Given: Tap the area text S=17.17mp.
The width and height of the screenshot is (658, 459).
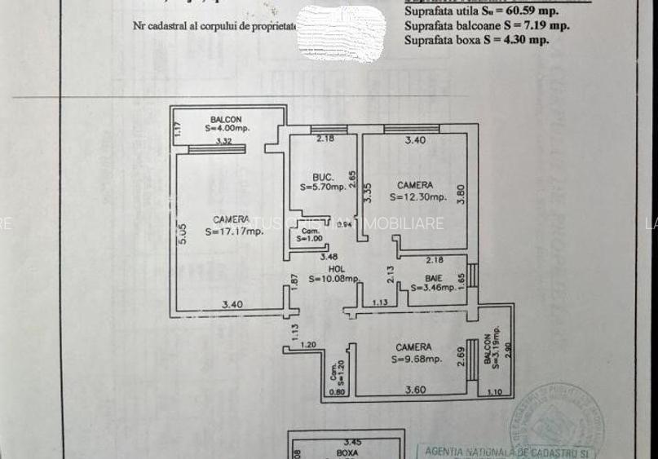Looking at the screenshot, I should (x=234, y=232).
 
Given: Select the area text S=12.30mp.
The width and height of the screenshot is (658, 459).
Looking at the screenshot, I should (x=417, y=196).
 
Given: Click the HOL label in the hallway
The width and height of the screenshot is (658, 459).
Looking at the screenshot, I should (x=334, y=268).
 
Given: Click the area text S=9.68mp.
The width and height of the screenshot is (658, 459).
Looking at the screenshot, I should (x=415, y=358).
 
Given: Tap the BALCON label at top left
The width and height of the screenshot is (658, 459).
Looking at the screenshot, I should (x=226, y=119).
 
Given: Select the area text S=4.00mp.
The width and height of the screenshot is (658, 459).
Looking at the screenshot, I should (x=227, y=128).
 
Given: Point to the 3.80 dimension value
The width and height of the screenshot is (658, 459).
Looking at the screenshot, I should (x=461, y=195).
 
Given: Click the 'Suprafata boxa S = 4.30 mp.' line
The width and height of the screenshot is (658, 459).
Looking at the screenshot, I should (x=476, y=38).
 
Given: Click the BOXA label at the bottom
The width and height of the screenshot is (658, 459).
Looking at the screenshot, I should (x=347, y=450).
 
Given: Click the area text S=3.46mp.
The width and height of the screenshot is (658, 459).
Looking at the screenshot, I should (x=434, y=287).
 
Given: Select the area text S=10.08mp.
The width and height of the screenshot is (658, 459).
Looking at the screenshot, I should (x=334, y=279).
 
